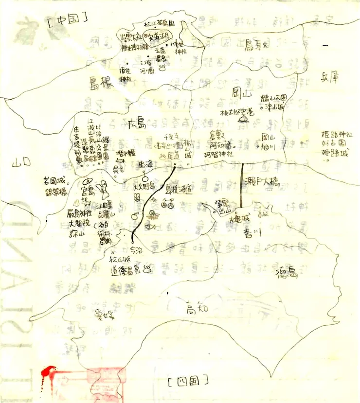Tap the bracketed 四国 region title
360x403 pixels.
pyautogui.click(x=187, y=379)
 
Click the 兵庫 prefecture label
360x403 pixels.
pyautogui.click(x=329, y=77)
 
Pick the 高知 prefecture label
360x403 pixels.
pyautogui.click(x=197, y=309)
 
